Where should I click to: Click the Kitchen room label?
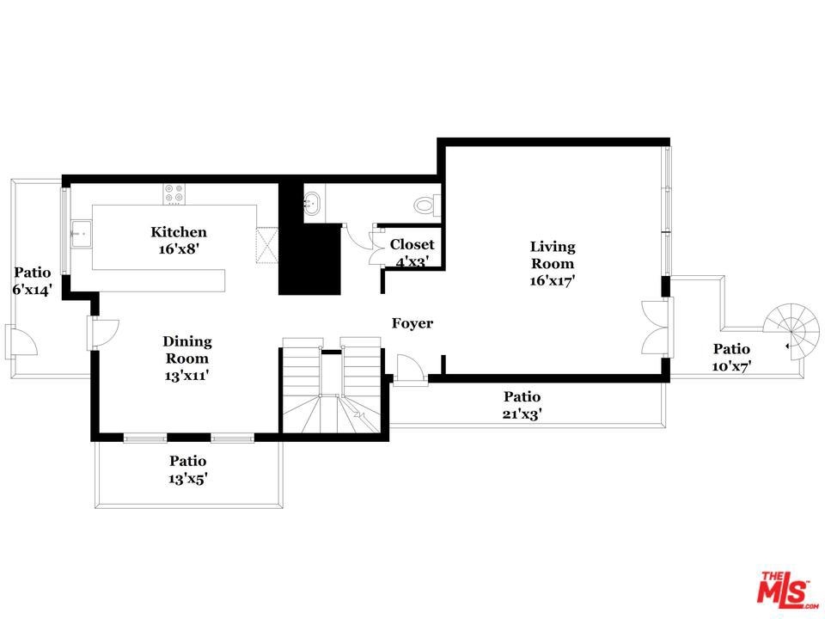pos(179,232)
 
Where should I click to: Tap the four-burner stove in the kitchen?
pos(174,194)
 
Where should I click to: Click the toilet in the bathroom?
pos(427,205)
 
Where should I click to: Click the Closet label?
pos(412,244)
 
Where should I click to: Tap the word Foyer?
pos(412,323)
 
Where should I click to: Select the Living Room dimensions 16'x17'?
pos(552,280)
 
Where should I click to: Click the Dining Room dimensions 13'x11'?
pos(186,376)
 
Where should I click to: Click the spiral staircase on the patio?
pos(791,332)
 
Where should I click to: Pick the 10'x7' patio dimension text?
pos(731,366)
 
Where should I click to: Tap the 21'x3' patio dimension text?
pos(522,414)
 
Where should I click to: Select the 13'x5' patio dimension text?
pos(188,479)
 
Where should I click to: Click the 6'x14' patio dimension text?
pos(33,290)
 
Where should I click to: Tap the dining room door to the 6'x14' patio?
pos(102,334)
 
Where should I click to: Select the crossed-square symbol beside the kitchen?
pos(266,245)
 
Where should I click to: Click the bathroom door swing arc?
pos(357,238)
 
